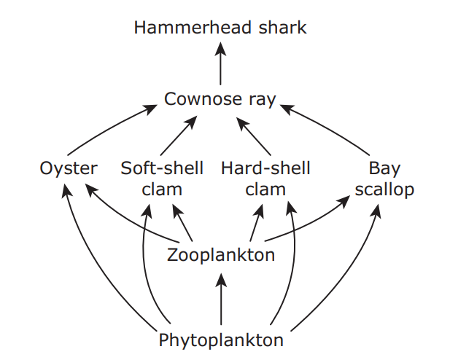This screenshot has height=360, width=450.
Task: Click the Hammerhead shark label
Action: click(220, 28)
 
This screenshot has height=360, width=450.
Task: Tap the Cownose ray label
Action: click(220, 99)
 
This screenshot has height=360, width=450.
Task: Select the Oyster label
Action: click(68, 169)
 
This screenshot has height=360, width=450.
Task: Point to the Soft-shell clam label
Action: click(162, 179)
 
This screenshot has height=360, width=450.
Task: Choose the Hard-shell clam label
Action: click(265, 179)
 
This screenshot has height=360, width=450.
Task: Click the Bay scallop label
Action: click(384, 179)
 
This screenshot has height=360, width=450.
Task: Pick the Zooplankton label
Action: click(220, 255)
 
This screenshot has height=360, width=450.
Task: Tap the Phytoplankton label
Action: click(220, 340)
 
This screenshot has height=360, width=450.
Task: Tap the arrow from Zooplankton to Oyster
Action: click(124, 219)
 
